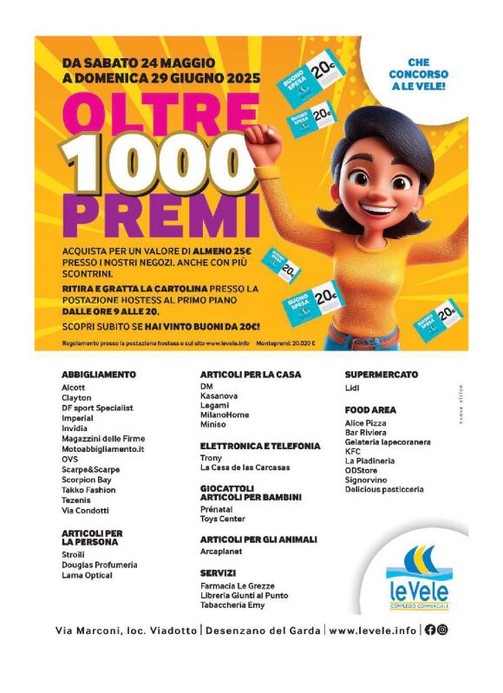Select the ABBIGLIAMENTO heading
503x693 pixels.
click(99, 375)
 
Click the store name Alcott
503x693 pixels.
click(74, 387)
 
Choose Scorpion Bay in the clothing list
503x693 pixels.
click(86, 479)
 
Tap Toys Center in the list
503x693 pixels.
click(222, 519)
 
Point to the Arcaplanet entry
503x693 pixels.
click(221, 551)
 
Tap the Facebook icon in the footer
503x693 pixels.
click(429, 630)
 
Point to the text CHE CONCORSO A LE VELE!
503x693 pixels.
click(418, 75)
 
